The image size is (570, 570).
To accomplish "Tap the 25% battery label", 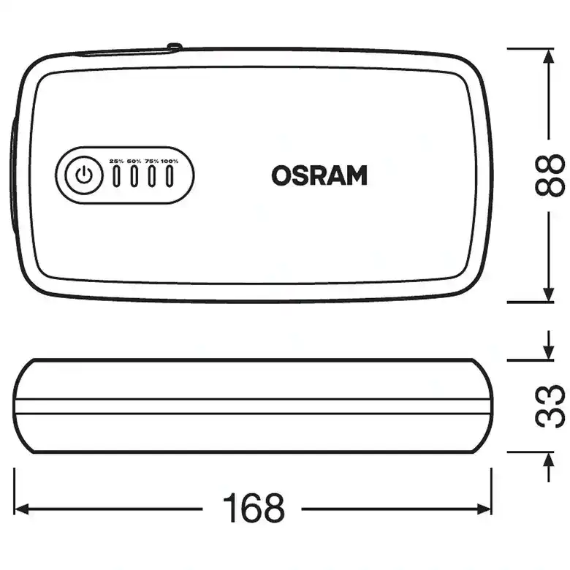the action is (117, 161).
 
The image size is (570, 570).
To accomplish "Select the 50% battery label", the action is (134, 161).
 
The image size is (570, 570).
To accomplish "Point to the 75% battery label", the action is (152, 161).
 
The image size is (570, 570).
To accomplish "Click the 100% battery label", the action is (170, 161).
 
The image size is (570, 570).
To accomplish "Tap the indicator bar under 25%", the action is (116, 176).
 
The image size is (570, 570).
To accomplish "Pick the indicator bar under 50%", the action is (134, 176).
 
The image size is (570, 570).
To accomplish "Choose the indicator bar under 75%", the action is (152, 176).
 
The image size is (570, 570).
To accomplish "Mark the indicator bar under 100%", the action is (170, 176).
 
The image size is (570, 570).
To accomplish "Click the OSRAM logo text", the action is (319, 175).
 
